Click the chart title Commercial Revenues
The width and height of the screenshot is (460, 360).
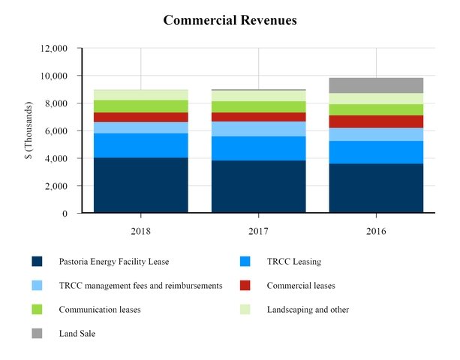[230, 20]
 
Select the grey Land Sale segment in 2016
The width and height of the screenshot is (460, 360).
[376, 85]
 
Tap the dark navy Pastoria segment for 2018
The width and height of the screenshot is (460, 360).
[140, 185]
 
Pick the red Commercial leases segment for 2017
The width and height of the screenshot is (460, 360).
[258, 117]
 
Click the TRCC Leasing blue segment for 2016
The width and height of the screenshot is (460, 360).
[376, 152]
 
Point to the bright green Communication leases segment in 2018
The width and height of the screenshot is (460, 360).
[140, 106]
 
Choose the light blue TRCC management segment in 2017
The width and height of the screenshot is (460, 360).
[258, 129]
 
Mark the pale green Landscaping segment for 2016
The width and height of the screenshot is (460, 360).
[376, 99]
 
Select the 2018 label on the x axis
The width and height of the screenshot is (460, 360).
[140, 232]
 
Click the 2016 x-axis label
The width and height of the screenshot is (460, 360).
[376, 232]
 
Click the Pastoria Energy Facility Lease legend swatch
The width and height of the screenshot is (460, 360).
[37, 262]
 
